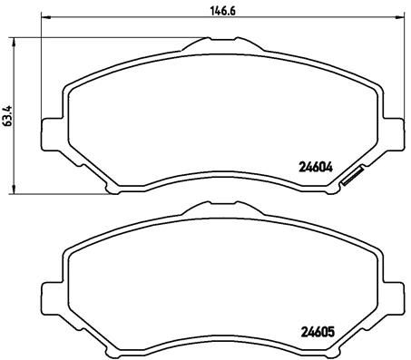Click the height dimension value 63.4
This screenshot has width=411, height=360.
point(8,117)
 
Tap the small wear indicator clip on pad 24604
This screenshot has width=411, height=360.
point(351,180)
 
